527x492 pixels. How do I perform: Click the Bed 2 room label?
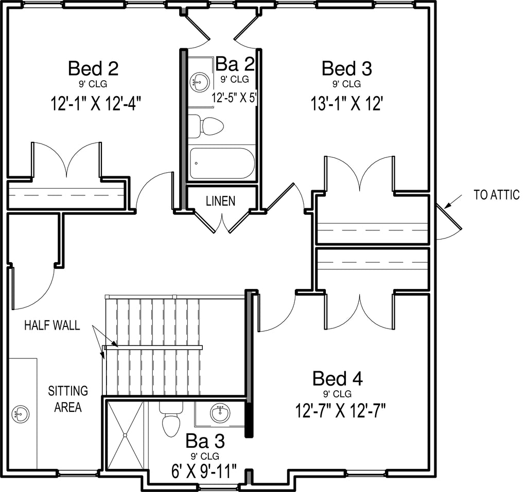(x=93, y=68)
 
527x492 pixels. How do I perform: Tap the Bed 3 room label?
(x=347, y=68)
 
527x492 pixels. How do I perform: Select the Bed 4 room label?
(x=338, y=379)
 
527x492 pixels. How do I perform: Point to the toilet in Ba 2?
(x=205, y=126)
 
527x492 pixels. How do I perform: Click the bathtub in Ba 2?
(x=222, y=163)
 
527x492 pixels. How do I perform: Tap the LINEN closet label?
(x=220, y=201)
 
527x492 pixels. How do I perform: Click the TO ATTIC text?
(x=497, y=195)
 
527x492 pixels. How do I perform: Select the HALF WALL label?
(x=52, y=325)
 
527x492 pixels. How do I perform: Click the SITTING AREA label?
(x=68, y=399)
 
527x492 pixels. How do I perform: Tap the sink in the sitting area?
(x=21, y=414)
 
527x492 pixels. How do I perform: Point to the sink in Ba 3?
(x=220, y=413)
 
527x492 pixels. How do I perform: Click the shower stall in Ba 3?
(x=125, y=435)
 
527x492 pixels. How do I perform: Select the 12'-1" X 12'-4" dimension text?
(x=95, y=103)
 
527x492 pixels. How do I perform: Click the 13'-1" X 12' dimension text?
(x=346, y=103)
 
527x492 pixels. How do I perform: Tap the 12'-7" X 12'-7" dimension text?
(x=340, y=410)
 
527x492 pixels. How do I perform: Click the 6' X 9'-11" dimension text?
(x=204, y=471)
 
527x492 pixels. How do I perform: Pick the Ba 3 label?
(x=205, y=441)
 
